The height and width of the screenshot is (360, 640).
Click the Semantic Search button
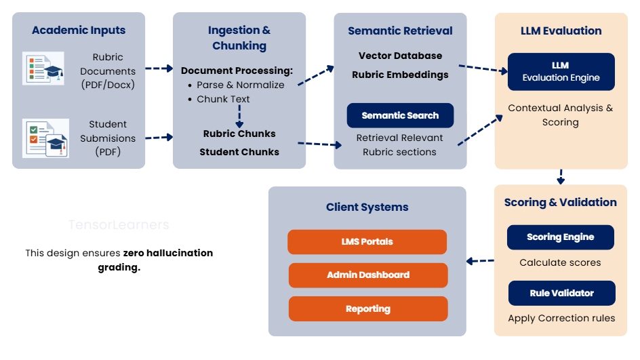click(x=400, y=115)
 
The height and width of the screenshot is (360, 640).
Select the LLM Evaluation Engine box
click(x=561, y=71)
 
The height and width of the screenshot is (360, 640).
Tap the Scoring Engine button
click(x=560, y=237)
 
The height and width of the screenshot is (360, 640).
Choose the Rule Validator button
click(x=561, y=293)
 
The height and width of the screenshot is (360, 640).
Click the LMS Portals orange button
click(x=367, y=241)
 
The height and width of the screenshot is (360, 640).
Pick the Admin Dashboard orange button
click(x=368, y=275)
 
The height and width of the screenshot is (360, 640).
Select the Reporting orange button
click(x=368, y=308)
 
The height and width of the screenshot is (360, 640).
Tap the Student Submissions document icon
click(x=45, y=138)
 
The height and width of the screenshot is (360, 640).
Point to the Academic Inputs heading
click(x=79, y=31)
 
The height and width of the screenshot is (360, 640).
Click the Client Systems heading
click(x=367, y=207)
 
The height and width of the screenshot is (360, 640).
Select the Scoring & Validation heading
click(x=560, y=202)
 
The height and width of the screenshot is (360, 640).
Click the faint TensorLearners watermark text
click(x=119, y=225)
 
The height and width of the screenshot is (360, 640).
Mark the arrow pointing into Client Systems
click(x=481, y=260)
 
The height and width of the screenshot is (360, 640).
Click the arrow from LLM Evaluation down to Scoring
click(x=560, y=176)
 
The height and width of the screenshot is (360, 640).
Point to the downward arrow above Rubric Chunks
click(x=239, y=117)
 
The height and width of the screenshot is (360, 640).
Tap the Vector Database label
click(x=400, y=56)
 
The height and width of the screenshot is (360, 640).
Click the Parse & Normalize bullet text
click(x=241, y=85)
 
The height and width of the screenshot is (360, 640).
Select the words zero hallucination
click(x=168, y=253)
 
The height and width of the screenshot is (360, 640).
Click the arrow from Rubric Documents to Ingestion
click(x=159, y=68)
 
